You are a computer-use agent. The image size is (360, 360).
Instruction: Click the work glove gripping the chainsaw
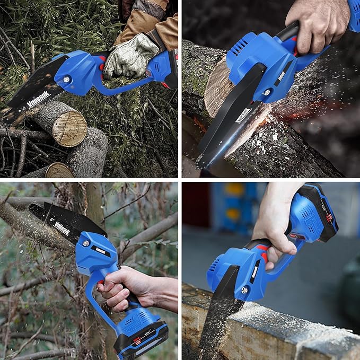tap(130, 55)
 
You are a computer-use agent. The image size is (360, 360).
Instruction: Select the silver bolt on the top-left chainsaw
tap(66, 79)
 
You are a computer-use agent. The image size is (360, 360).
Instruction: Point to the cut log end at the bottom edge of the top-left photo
tap(59, 171)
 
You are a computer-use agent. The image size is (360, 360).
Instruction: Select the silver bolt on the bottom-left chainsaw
tap(85, 243)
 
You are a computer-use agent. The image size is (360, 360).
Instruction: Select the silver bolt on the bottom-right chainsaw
tap(244, 290)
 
